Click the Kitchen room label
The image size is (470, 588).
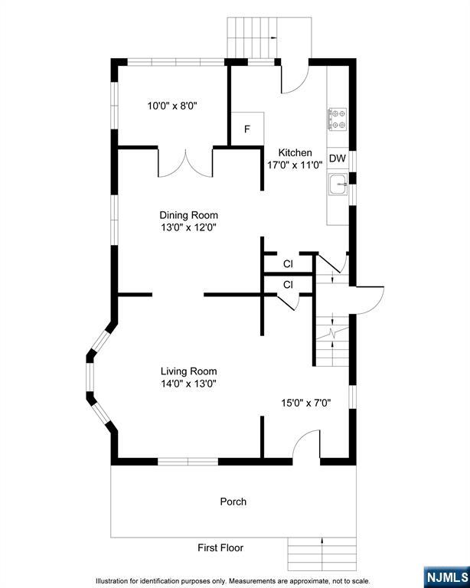pyautogui.click(x=295, y=152)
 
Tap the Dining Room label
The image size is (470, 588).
pyautogui.click(x=188, y=215)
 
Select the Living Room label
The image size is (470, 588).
pyautogui.click(x=189, y=371)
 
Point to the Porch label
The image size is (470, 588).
pyautogui.click(x=233, y=501)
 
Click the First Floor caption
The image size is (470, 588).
pyautogui.click(x=220, y=548)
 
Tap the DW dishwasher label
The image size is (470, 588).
pyautogui.click(x=338, y=158)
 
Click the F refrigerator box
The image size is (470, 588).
pyautogui.click(x=247, y=129)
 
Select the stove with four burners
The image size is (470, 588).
pyautogui.click(x=338, y=119)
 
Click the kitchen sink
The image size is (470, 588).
pyautogui.click(x=338, y=184)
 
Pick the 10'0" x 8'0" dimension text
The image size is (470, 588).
pyautogui.click(x=172, y=106)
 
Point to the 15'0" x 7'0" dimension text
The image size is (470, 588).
pyautogui.click(x=306, y=403)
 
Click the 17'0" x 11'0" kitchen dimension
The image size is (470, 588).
pyautogui.click(x=295, y=165)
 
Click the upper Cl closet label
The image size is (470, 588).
pyautogui.click(x=288, y=264)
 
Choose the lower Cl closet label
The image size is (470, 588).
pyautogui.click(x=288, y=285)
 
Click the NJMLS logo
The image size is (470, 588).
pyautogui.click(x=446, y=577)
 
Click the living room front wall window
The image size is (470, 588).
pyautogui.click(x=188, y=462)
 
